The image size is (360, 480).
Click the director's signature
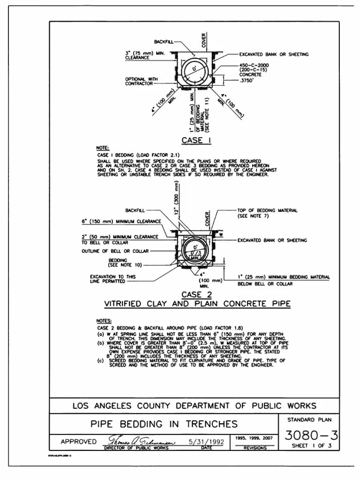(x=141, y=442)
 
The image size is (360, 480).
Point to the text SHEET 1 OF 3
(x=312, y=446)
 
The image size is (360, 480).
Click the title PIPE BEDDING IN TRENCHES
(x=164, y=424)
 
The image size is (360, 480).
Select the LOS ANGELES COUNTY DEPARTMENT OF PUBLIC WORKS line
(x=194, y=406)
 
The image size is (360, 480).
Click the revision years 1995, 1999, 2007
(x=255, y=438)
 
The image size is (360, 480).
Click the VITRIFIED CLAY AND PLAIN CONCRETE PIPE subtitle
(x=197, y=304)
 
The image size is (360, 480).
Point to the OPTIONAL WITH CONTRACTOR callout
(x=139, y=82)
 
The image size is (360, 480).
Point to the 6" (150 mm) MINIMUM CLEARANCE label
(x=121, y=221)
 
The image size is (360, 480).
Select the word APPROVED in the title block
(x=78, y=442)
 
